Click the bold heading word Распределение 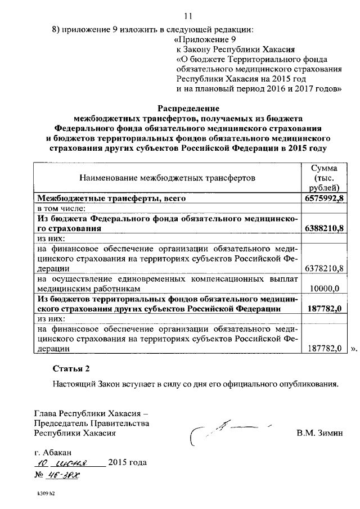point(188,107)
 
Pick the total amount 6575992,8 point(323,199)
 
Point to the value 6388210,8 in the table point(323,229)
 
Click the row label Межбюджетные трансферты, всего point(111,199)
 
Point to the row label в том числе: point(60,209)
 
